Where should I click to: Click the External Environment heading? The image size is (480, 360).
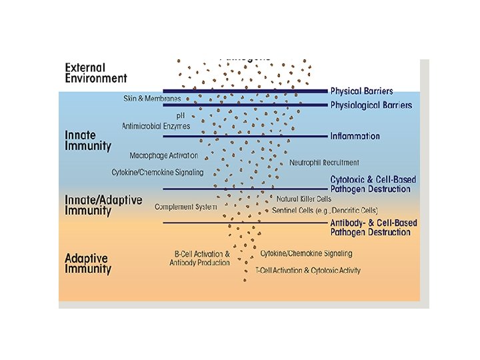click(x=96, y=73)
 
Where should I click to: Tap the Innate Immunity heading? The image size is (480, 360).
click(x=88, y=140)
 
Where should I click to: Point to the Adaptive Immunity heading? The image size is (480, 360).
click(x=88, y=263)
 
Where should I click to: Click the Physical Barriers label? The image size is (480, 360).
click(x=362, y=91)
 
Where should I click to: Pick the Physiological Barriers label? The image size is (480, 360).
click(x=371, y=105)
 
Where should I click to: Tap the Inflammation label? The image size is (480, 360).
click(x=355, y=136)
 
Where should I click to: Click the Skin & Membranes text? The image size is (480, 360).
click(x=152, y=98)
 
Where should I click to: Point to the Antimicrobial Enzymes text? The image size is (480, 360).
click(x=155, y=125)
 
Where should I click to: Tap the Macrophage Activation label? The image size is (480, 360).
click(x=164, y=155)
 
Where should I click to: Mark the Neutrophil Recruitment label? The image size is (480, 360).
click(x=324, y=162)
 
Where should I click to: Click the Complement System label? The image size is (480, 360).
click(x=185, y=207)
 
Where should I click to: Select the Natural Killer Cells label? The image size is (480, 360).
click(x=304, y=199)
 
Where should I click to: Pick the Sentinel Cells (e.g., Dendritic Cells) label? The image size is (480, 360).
click(x=325, y=210)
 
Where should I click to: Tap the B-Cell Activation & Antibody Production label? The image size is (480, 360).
click(x=199, y=258)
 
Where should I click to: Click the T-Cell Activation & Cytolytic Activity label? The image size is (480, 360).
click(x=308, y=271)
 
